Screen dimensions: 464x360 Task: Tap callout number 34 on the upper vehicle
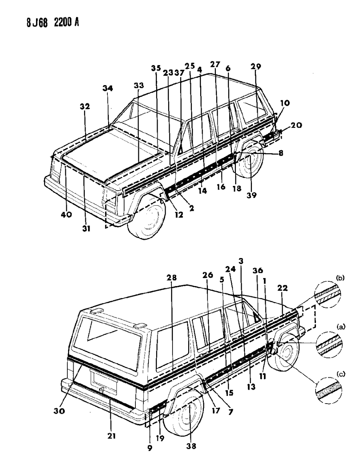click(x=108, y=88)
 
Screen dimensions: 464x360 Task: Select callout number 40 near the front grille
click(x=67, y=215)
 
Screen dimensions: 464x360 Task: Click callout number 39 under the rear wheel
click(x=251, y=195)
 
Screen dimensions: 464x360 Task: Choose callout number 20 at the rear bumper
click(x=296, y=125)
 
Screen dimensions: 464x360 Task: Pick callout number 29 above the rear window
click(x=256, y=67)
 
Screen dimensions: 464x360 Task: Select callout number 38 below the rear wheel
click(x=191, y=446)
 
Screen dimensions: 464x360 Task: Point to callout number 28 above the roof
click(x=172, y=278)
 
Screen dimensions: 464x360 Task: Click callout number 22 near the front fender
click(x=282, y=288)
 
